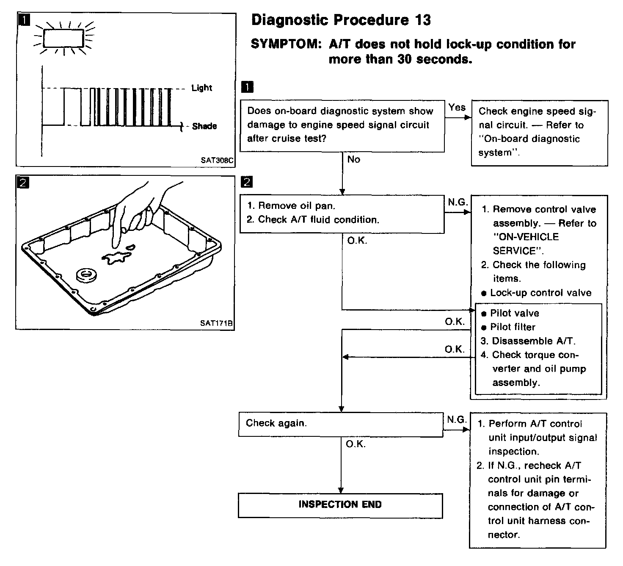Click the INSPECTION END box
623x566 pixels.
340,505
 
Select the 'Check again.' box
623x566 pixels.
341,424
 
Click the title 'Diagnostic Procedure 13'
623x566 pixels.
341,20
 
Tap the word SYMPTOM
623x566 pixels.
286,44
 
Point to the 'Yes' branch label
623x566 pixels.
457,108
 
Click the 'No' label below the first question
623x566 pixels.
353,160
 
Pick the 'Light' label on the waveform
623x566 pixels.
201,88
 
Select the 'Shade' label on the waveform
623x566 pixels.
204,126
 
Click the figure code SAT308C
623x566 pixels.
217,161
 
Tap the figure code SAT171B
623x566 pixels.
217,323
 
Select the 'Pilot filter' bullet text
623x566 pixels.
513,327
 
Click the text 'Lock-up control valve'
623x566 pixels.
540,293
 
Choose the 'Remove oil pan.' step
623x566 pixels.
296,206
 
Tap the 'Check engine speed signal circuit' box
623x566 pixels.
539,132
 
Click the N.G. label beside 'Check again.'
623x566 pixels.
457,419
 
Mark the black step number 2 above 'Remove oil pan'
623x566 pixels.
247,182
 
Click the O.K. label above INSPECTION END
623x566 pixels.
356,444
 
